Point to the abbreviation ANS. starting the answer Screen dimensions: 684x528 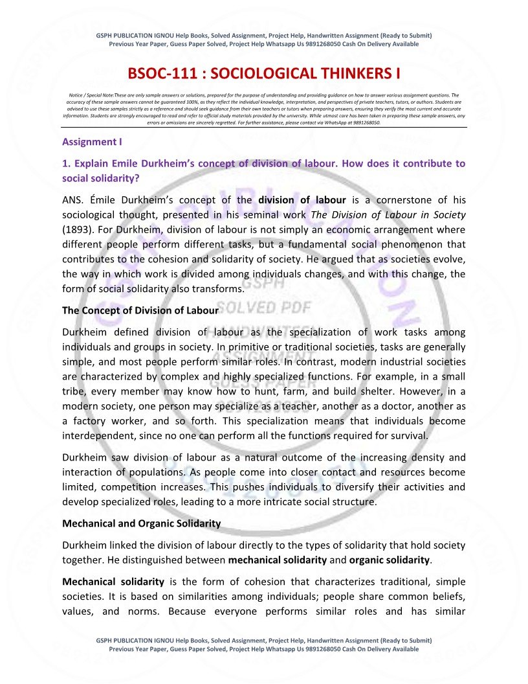click(x=73, y=199)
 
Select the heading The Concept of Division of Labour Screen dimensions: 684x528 click(x=140, y=310)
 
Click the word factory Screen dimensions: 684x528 click(x=93, y=421)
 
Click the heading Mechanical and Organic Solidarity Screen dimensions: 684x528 click(x=142, y=523)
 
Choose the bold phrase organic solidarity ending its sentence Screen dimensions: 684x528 click(x=389, y=560)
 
